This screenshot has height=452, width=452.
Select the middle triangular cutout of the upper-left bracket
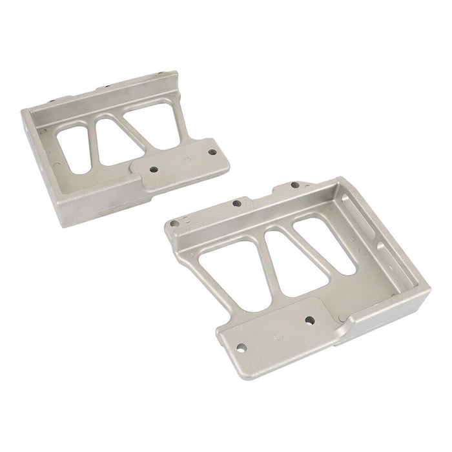(116, 141)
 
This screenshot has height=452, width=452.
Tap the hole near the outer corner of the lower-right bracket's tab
(241, 347)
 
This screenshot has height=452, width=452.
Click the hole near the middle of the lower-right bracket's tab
(309, 320)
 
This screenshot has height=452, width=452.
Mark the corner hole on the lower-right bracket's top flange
(174, 223)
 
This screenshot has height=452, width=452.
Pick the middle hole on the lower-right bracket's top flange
(236, 203)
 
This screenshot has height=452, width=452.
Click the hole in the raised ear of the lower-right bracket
(294, 185)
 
